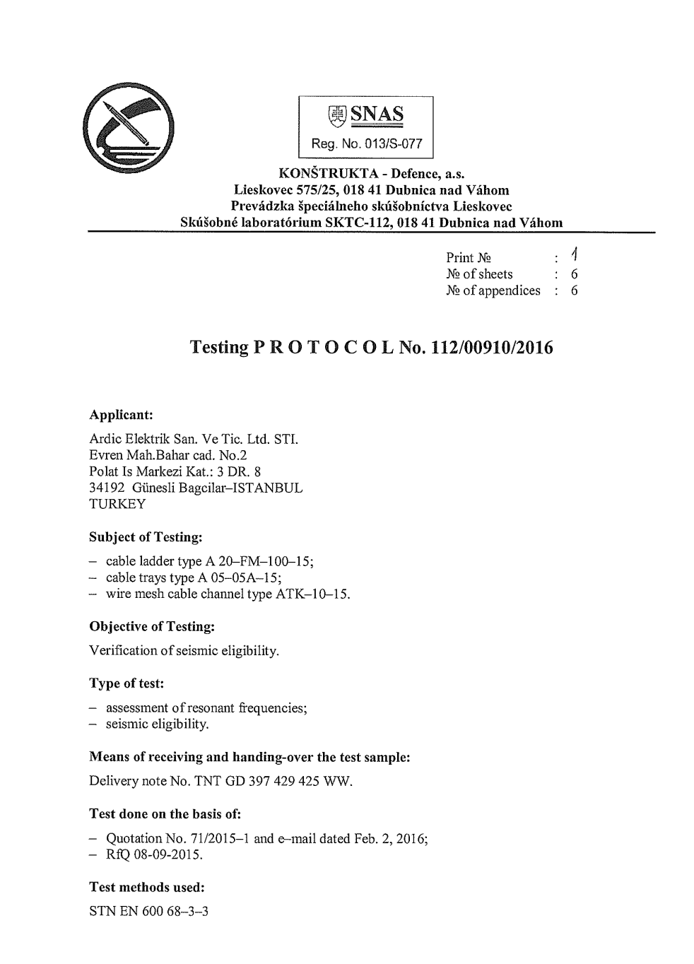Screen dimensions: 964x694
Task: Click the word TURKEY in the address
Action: [x=117, y=504]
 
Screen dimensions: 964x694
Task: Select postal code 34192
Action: [x=107, y=488]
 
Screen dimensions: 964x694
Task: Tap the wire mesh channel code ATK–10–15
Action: [x=312, y=594]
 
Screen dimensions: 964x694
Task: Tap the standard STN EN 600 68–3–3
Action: [x=149, y=911]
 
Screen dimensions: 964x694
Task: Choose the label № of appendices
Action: [x=493, y=290]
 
